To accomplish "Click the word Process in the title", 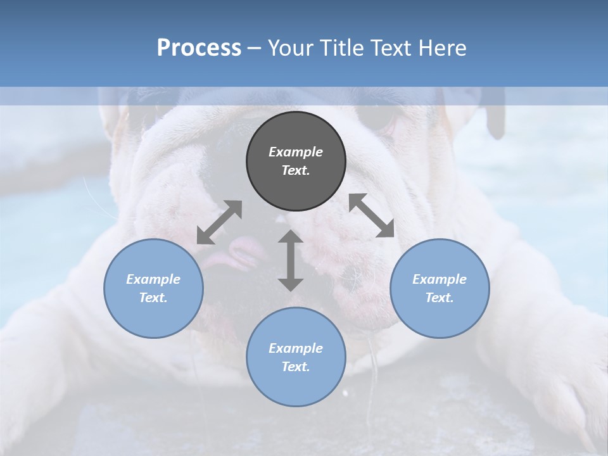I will pos(199,48).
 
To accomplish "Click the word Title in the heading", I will pos(341,48).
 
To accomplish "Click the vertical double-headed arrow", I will pos(291,260).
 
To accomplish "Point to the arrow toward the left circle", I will pos(219,222).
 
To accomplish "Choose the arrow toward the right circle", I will pos(372,215).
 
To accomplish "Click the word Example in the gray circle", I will pos(296,152).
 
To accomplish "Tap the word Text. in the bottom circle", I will pos(296,367).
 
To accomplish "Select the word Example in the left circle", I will pos(153,279).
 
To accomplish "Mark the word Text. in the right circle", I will pos(440,298).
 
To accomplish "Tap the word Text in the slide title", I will pos(389,48).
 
